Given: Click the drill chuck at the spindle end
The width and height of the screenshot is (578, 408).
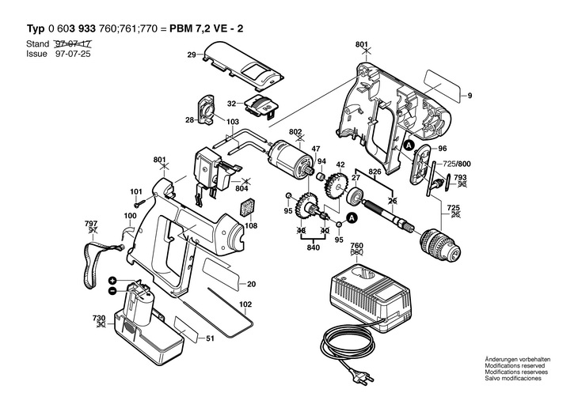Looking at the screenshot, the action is click(x=440, y=243).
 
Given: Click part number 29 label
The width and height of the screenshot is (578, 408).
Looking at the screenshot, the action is click(x=192, y=55).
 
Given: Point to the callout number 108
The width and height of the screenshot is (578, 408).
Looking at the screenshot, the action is click(x=251, y=225).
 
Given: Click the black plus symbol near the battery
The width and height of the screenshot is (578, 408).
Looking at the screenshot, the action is click(x=112, y=280).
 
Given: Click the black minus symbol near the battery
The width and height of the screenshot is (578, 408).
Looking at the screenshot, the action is click(x=112, y=291).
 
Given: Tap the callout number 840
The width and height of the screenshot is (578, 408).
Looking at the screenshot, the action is click(x=313, y=247).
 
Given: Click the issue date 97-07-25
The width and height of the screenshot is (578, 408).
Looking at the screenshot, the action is click(x=73, y=54).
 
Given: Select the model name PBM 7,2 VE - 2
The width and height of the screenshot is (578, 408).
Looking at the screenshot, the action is click(x=207, y=28).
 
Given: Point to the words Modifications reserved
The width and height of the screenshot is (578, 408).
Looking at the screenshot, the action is click(x=515, y=365).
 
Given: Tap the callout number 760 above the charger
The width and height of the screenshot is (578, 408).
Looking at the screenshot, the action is click(x=356, y=246).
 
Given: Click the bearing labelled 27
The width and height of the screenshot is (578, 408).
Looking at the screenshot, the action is click(x=355, y=195).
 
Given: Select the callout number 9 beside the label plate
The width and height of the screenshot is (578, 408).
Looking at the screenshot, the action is click(x=470, y=96).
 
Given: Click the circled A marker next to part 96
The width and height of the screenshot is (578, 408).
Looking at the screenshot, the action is click(x=409, y=145).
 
